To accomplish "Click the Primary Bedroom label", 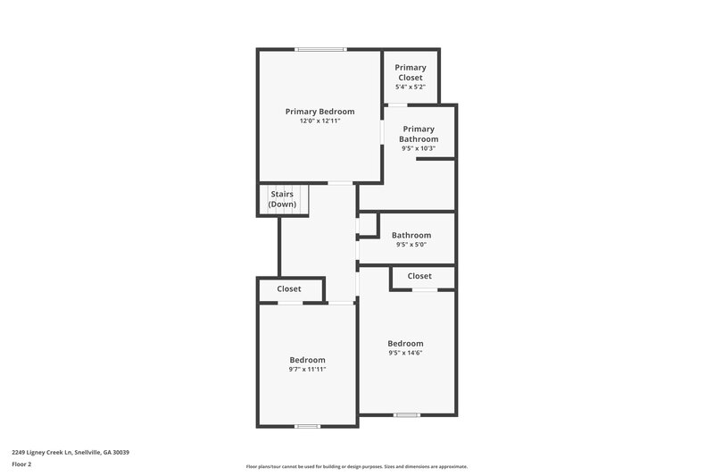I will tap(320, 112).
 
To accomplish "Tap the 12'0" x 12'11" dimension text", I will tap(320, 121).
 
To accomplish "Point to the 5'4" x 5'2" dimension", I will tap(411, 87).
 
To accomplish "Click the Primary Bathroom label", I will tap(419, 134).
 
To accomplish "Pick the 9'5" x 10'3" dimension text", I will tap(419, 148).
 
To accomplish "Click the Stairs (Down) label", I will tap(282, 198).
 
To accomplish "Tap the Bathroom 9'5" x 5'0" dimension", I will tap(411, 244).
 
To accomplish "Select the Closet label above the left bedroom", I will tap(289, 288).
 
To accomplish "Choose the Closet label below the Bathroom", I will tap(419, 276).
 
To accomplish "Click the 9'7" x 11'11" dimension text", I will tap(307, 369).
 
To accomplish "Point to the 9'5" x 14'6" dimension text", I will tap(405, 353).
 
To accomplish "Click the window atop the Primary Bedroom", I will tap(321, 49).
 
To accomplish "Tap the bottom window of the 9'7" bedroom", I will tap(308, 426).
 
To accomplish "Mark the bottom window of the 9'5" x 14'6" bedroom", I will tap(407, 414).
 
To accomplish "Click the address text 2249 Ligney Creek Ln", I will tap(71, 453).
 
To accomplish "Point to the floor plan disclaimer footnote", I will tap(356, 466).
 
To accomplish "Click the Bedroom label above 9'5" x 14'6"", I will tap(405, 344).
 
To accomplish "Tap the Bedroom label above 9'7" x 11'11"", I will tap(307, 360).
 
